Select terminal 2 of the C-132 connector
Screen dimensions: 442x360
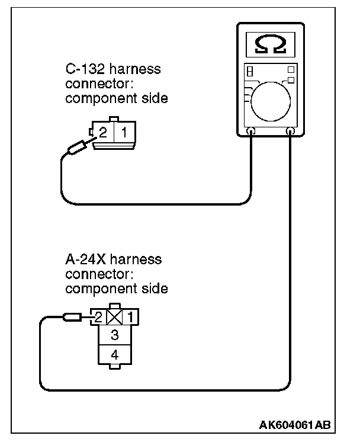[102, 133]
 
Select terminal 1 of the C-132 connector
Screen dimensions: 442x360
[124, 133]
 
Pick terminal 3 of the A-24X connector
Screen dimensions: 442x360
[114, 335]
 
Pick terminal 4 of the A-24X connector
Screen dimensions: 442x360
[114, 355]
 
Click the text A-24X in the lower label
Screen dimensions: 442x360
[89, 260]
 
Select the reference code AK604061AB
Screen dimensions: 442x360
[295, 425]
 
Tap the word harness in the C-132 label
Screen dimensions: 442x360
[138, 70]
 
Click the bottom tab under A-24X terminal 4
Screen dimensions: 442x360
[114, 368]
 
